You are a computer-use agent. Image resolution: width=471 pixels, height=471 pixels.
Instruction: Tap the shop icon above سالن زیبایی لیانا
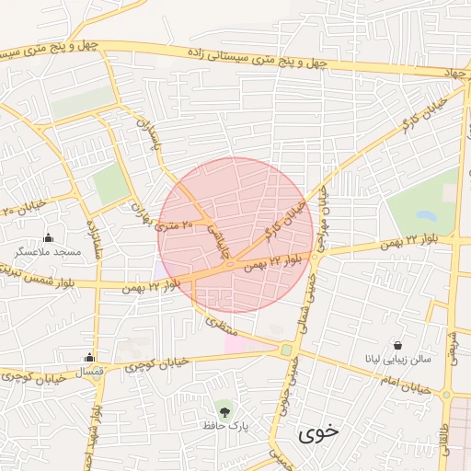[396, 343]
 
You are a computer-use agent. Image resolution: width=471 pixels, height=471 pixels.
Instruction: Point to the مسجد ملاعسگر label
[48, 252]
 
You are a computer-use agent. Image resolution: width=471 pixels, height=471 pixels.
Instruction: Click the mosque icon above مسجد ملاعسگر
[48, 238]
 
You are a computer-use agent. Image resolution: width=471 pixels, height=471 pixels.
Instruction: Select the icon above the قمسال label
[89, 358]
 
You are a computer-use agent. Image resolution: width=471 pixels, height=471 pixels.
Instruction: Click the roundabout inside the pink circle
[227, 268]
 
